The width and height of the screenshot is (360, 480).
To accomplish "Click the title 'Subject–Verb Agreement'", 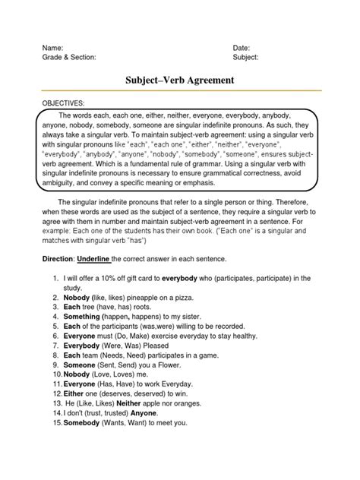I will [179, 81].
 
